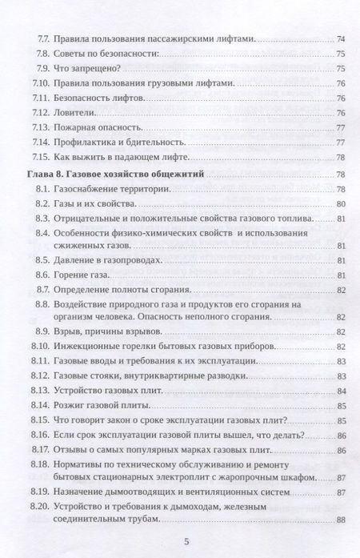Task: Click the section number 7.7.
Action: pos(44,38)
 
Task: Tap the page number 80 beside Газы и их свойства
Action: pos(340,204)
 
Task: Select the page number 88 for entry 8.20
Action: pos(340,522)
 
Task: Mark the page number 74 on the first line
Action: pos(340,38)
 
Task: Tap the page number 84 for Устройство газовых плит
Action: pos(340,391)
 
